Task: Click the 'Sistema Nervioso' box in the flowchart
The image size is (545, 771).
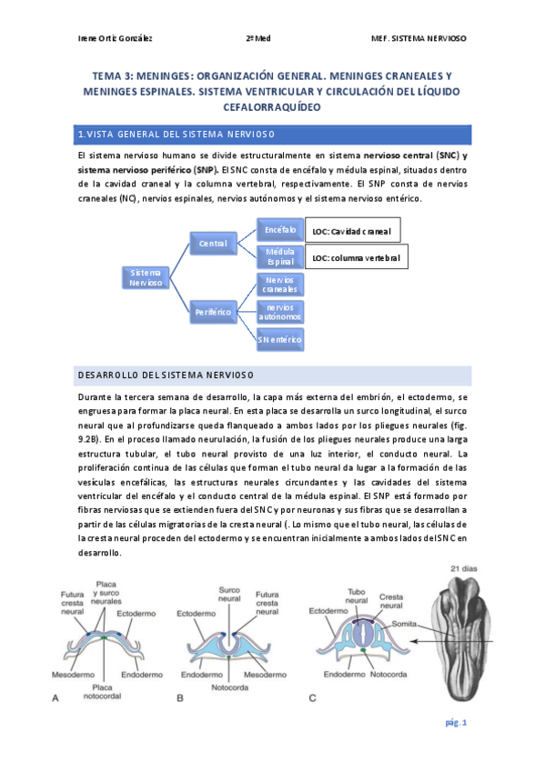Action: pyautogui.click(x=146, y=277)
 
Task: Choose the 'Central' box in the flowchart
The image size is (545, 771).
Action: pyautogui.click(x=213, y=244)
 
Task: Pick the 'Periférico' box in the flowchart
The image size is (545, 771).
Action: pyautogui.click(x=213, y=312)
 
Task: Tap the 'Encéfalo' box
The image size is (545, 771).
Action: pyautogui.click(x=275, y=230)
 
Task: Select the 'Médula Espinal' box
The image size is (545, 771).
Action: pyautogui.click(x=275, y=256)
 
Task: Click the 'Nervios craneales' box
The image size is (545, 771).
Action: pyautogui.click(x=275, y=284)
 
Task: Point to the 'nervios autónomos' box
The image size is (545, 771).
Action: pyautogui.click(x=275, y=312)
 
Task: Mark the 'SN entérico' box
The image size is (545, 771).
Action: pyautogui.click(x=275, y=340)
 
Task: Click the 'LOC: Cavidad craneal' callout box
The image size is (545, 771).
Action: pyautogui.click(x=352, y=231)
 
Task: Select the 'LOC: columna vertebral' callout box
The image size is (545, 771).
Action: pyautogui.click(x=356, y=258)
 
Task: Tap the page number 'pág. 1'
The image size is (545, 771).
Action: pyautogui.click(x=456, y=723)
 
